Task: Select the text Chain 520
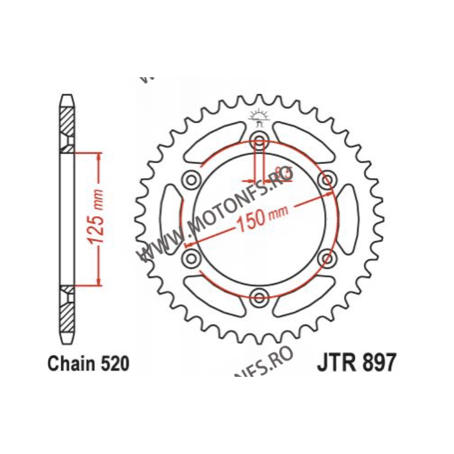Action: click(x=88, y=363)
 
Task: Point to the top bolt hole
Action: click(x=259, y=140)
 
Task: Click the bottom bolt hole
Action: click(x=259, y=296)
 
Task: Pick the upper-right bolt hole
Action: click(x=327, y=180)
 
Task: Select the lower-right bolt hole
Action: click(x=327, y=258)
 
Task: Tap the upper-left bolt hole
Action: click(x=191, y=180)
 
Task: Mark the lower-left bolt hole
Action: click(x=191, y=258)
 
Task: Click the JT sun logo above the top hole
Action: click(x=259, y=117)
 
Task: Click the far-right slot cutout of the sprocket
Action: click(x=348, y=218)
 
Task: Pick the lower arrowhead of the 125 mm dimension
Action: click(x=100, y=281)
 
